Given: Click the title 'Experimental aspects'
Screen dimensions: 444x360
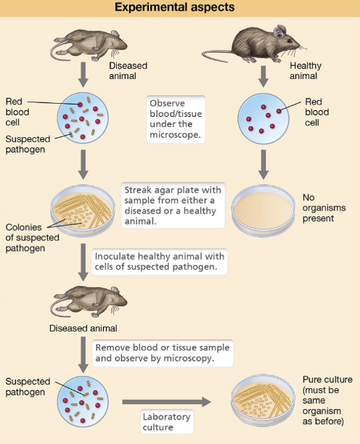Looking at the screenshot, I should coord(180,9).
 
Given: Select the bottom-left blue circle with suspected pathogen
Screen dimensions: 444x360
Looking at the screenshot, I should coord(83,398).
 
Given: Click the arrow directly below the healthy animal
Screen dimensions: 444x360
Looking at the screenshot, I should coord(264,74).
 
